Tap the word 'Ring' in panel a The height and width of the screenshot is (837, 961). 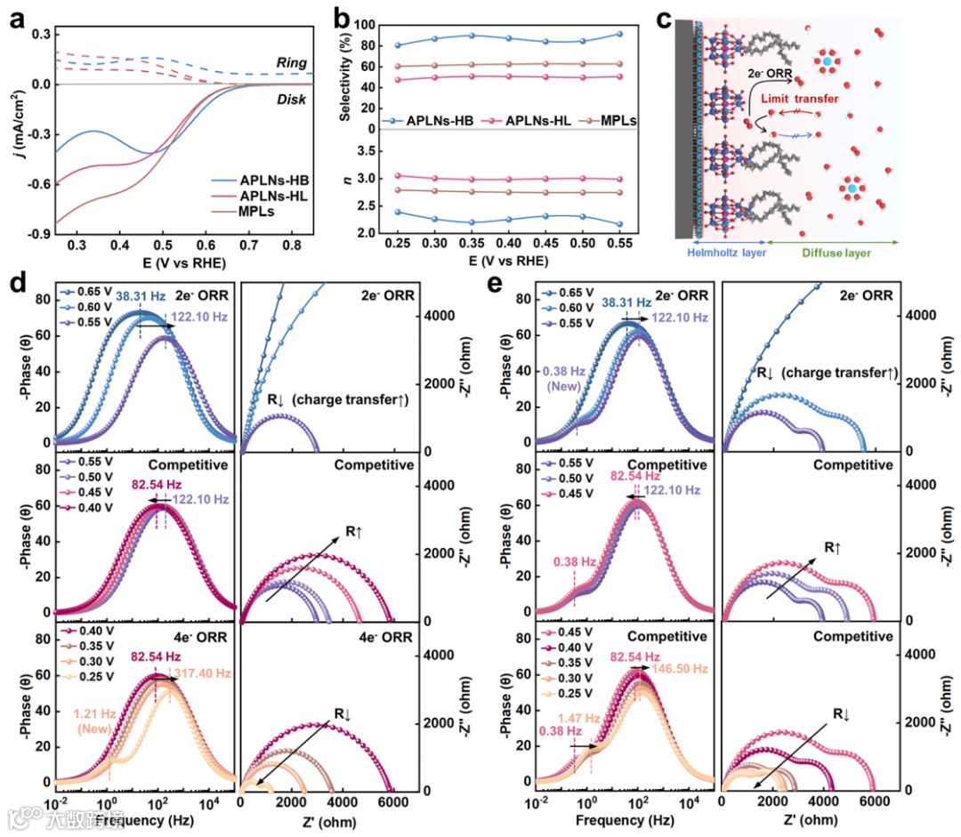coord(291,63)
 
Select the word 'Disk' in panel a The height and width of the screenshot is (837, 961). coord(291,100)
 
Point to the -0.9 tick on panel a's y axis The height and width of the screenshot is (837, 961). coord(35,237)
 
